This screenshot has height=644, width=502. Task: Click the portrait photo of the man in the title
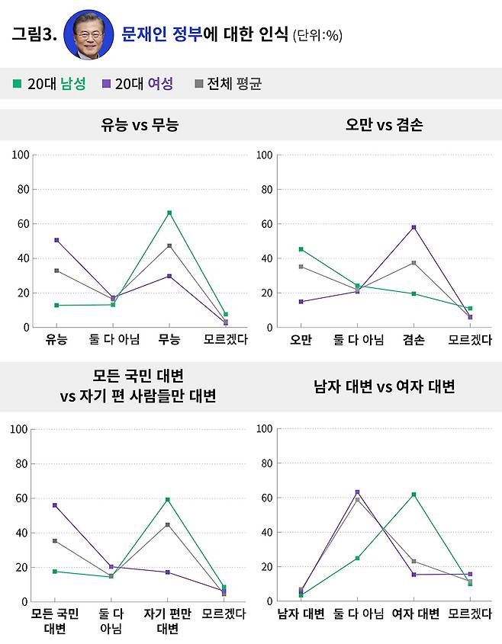click(x=88, y=35)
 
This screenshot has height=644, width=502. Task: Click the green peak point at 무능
click(x=169, y=213)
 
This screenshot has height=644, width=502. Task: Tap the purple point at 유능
click(x=56, y=240)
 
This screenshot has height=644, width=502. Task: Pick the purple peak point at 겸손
click(x=414, y=227)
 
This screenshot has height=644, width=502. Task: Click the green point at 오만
click(x=301, y=249)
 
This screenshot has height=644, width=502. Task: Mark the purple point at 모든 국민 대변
click(x=55, y=505)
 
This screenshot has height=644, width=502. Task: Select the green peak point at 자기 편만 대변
click(x=168, y=500)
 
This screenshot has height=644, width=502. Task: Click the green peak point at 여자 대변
click(x=414, y=495)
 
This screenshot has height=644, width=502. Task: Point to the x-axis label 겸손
click(x=414, y=340)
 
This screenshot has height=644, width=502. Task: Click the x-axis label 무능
click(x=169, y=340)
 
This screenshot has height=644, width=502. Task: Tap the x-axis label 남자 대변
click(x=301, y=614)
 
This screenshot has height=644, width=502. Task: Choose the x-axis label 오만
click(x=301, y=340)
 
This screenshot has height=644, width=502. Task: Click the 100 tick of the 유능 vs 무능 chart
click(x=21, y=155)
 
